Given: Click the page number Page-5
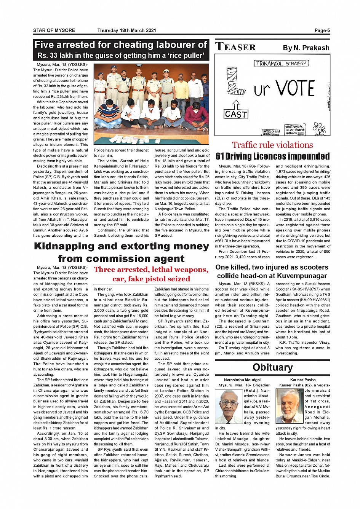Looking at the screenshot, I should pyautogui.click(x=322, y=30).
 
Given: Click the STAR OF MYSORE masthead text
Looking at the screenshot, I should pyautogui.click(x=54, y=30).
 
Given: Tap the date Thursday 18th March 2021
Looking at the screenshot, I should pyautogui.click(x=127, y=30).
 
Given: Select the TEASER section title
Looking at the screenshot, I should pyautogui.click(x=236, y=47).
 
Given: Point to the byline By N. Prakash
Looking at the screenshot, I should pyautogui.click(x=306, y=48).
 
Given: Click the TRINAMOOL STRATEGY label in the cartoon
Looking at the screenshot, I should pyautogui.click(x=282, y=64).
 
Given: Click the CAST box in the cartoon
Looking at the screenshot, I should pyautogui.click(x=236, y=114).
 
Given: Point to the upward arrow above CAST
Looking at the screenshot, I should pyautogui.click(x=236, y=104).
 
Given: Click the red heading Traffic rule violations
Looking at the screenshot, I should pyautogui.click(x=272, y=145).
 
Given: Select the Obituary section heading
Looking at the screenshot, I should pyautogui.click(x=272, y=367).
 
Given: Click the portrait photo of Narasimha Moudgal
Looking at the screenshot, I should pyautogui.click(x=229, y=406).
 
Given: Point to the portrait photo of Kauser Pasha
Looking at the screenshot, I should pyautogui.click(x=290, y=406).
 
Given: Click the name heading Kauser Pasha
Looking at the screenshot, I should pyautogui.click(x=303, y=380).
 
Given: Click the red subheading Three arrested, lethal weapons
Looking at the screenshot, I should pyautogui.click(x=151, y=270).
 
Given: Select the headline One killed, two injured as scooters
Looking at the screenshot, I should pyautogui.click(x=272, y=267).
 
